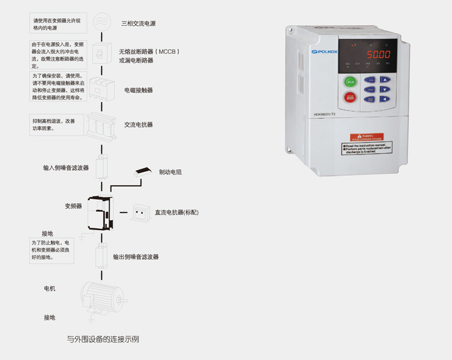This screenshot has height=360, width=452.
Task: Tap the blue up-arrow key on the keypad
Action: (385, 80)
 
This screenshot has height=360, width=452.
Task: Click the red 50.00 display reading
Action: (379, 55)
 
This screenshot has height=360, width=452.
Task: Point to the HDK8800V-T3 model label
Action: (326, 114)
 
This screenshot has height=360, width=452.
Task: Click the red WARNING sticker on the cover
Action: (367, 137)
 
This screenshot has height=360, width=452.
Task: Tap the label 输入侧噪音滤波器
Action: (66, 168)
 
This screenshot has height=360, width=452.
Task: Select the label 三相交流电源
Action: (138, 23)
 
